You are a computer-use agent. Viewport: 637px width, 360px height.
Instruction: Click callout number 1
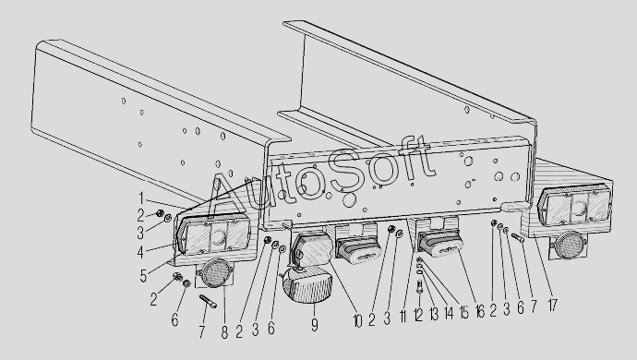141,198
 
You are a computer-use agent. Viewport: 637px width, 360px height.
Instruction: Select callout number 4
140,251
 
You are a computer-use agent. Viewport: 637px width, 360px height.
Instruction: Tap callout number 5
143,275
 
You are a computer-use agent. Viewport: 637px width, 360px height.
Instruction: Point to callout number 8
224,331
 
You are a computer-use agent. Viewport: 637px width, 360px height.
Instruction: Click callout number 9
315,325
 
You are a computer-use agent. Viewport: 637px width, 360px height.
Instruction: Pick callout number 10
357,321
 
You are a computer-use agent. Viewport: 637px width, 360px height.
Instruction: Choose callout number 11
403,317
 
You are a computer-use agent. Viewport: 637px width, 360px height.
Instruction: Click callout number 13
434,314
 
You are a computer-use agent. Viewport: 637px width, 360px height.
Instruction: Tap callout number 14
449,313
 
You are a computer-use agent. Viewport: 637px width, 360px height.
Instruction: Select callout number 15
464,312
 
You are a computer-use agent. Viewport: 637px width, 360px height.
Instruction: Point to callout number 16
480,311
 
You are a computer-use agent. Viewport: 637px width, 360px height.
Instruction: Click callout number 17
552,305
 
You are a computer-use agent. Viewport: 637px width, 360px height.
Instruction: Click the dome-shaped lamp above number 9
307,288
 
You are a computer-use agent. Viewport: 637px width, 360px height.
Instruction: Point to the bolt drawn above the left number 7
207,301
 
